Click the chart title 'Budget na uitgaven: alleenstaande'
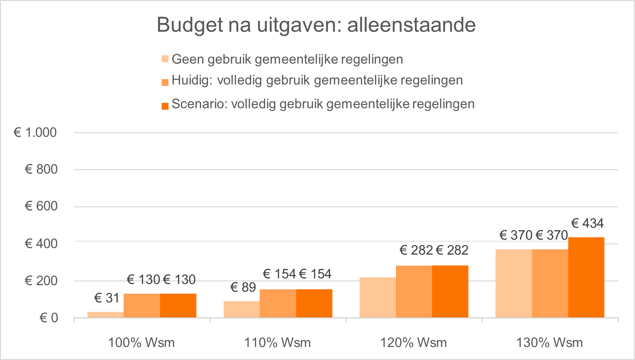[x=316, y=25]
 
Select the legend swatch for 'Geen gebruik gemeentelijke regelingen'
[x=165, y=59]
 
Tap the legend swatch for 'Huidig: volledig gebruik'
[x=165, y=82]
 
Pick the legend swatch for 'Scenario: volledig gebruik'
[x=165, y=106]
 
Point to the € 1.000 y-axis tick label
[x=35, y=132]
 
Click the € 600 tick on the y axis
[x=41, y=206]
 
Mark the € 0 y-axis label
[x=49, y=318]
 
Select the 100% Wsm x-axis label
[x=141, y=342]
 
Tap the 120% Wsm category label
[x=413, y=342]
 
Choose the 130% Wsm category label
[x=549, y=342]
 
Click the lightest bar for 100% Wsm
[x=105, y=314]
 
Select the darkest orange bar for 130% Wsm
[x=586, y=277]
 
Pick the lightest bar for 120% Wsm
[x=377, y=297]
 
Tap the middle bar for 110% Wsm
[x=277, y=303]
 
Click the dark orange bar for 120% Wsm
[x=450, y=291]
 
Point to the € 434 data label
[x=587, y=223]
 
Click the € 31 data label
[x=107, y=298]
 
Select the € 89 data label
[x=243, y=287]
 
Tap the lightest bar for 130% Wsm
[x=513, y=283]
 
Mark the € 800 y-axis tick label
[x=41, y=169]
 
